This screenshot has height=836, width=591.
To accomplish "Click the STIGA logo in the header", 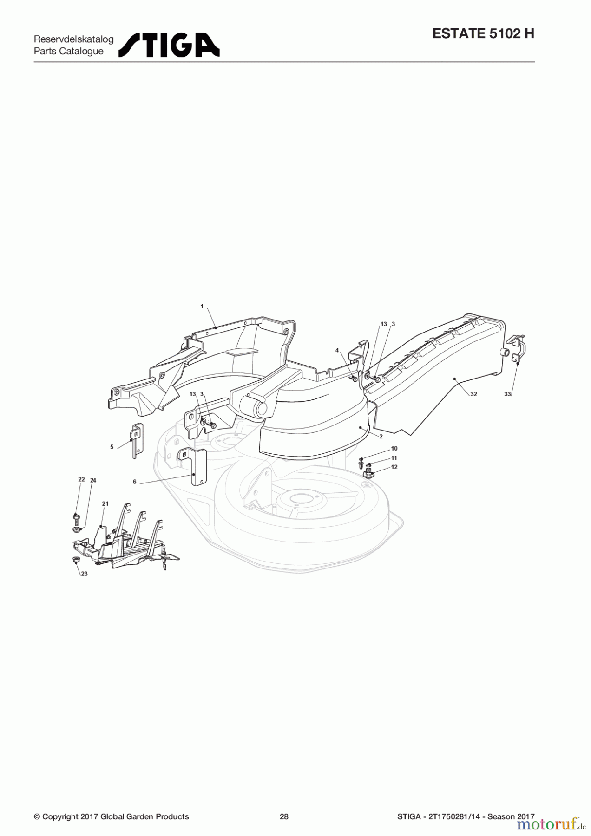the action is pyautogui.click(x=169, y=45).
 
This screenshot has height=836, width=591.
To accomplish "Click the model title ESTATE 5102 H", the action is pyautogui.click(x=483, y=33).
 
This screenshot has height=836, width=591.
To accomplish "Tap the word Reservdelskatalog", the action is pyautogui.click(x=73, y=39).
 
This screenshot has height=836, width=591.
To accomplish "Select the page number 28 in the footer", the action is pyautogui.click(x=284, y=816).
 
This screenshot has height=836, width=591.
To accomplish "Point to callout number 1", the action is pyautogui.click(x=202, y=306).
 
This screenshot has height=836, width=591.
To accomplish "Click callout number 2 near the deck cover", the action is pyautogui.click(x=381, y=437).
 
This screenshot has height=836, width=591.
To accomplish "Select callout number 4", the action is pyautogui.click(x=337, y=350).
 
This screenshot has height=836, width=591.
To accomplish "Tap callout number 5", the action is pyautogui.click(x=112, y=447).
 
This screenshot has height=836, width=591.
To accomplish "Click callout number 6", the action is pyautogui.click(x=135, y=482).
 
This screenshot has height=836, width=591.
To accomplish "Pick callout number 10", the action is pyautogui.click(x=394, y=448).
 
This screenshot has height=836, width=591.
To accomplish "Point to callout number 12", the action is pyautogui.click(x=394, y=467).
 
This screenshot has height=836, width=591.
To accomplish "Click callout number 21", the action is pyautogui.click(x=105, y=503).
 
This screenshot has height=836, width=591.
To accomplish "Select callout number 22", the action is pyautogui.click(x=81, y=479).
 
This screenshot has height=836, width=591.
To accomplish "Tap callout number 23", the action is pyautogui.click(x=84, y=574).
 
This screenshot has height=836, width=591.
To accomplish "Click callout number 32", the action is pyautogui.click(x=473, y=394).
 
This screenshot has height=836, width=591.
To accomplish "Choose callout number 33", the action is pyautogui.click(x=507, y=394).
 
